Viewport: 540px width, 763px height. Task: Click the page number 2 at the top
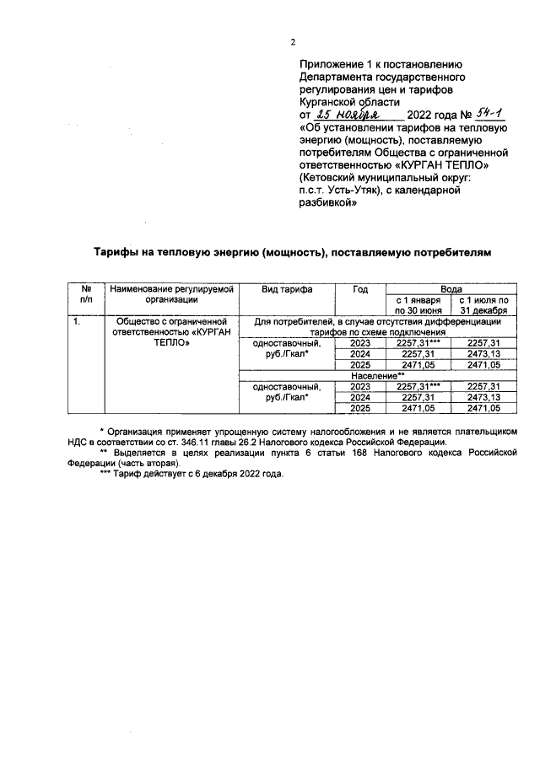tap(293, 43)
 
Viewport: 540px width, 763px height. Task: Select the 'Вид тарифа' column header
tap(287, 289)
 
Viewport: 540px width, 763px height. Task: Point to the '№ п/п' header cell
tap(86, 293)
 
